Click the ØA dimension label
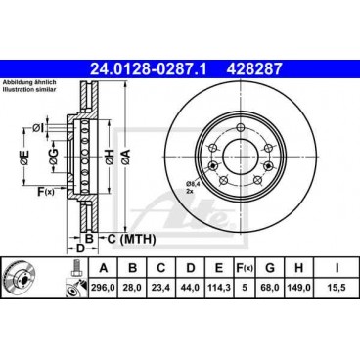[x=126, y=157]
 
